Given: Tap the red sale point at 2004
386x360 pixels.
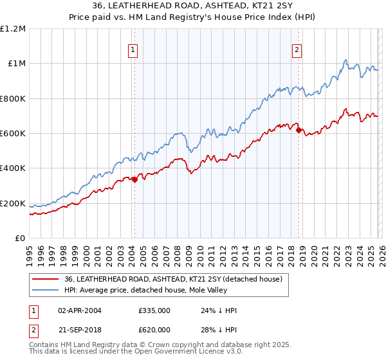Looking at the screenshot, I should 134,180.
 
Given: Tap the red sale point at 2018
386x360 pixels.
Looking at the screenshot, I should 299,130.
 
